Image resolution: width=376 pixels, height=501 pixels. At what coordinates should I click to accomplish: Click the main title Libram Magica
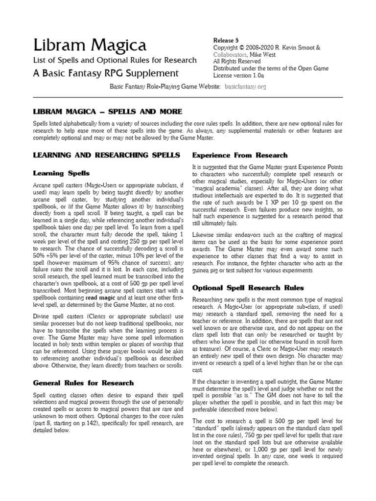click(x=89, y=46)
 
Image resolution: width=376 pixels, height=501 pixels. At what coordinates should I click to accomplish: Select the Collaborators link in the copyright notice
click(x=231, y=54)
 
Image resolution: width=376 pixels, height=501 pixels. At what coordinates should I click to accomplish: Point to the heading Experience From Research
click(x=240, y=155)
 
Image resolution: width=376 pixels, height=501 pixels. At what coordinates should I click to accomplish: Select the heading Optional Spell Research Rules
click(x=248, y=288)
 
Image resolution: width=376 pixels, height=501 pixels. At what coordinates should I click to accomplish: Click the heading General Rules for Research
click(x=83, y=383)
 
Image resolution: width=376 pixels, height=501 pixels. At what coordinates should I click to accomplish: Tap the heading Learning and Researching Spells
click(x=106, y=155)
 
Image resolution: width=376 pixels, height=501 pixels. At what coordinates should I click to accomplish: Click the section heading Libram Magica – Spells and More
click(x=107, y=112)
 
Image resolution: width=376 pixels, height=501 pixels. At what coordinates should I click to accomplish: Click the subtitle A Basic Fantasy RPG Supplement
click(x=105, y=73)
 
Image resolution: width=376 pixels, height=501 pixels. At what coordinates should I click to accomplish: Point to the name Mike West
click(x=265, y=54)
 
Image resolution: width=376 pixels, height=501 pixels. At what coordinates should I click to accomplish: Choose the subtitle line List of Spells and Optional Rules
click(x=115, y=60)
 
